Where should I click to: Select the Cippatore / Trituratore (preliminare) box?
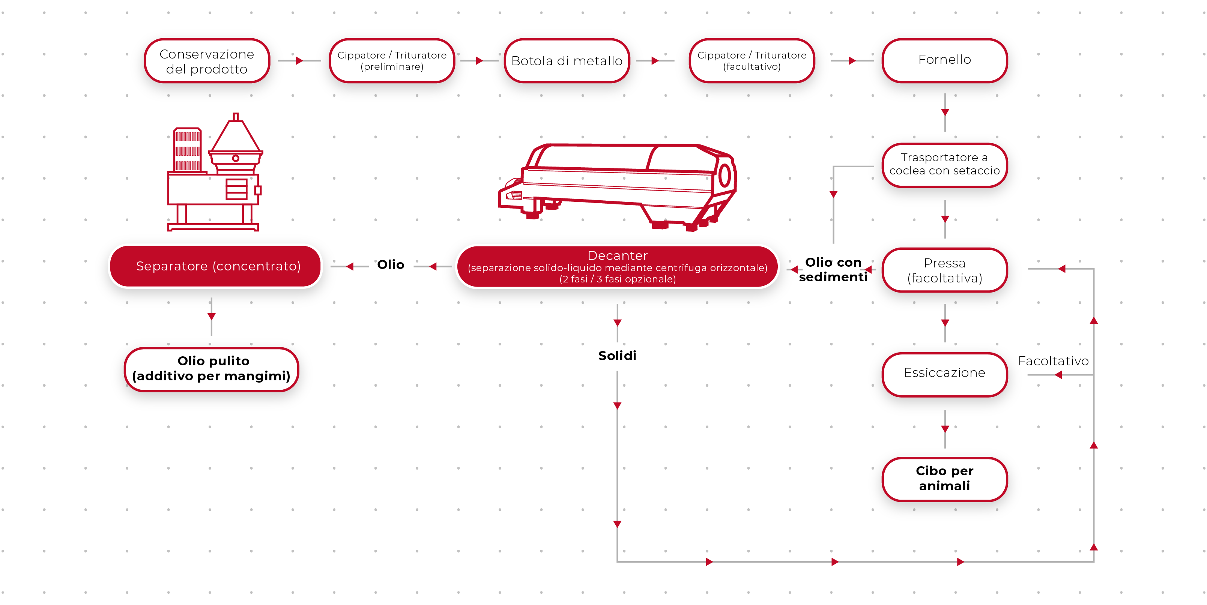pos(392,61)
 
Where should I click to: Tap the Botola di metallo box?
pos(567,61)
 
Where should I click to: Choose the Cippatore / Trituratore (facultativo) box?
pos(752,61)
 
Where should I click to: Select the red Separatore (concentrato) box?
pos(218,266)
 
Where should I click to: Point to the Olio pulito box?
pos(211,369)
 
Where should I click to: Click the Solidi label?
pos(617,356)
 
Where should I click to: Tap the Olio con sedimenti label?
pos(833,270)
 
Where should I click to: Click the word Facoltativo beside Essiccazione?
pos(1053,361)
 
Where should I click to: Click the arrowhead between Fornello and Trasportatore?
pos(945,113)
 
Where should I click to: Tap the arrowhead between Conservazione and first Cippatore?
pos(299,61)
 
